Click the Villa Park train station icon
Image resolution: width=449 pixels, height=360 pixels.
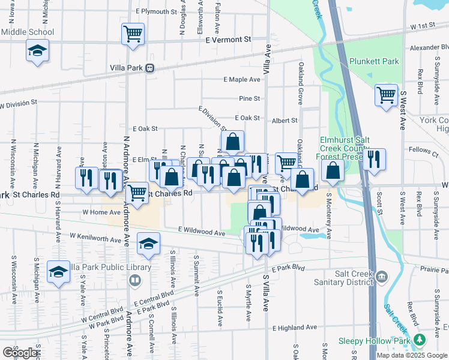150,68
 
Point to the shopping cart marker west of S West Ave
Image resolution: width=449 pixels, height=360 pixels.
386,94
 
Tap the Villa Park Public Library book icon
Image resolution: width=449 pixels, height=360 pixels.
136,280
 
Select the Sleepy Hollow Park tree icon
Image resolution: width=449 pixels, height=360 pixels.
420,341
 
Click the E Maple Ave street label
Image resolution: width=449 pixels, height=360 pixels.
242,79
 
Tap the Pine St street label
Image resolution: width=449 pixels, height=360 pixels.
249,98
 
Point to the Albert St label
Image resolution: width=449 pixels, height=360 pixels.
285,121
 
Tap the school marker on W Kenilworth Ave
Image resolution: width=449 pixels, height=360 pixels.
148,244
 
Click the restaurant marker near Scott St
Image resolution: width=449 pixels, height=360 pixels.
373,160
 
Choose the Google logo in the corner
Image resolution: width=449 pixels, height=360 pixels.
21,353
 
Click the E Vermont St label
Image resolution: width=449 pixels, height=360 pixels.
228,40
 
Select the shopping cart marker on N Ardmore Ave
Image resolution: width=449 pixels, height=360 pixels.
137,193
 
